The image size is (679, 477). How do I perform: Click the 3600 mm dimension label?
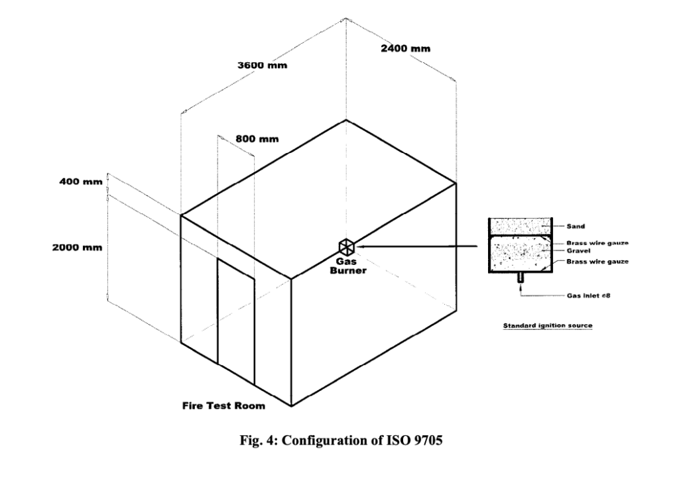click(257, 66)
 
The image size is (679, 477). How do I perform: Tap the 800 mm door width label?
click(257, 139)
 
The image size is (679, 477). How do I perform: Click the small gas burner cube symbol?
click(346, 246)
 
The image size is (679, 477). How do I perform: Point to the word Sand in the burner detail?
click(574, 226)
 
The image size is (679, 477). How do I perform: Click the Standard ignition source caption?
click(547, 326)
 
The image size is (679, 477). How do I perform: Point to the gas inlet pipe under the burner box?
click(521, 280)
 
